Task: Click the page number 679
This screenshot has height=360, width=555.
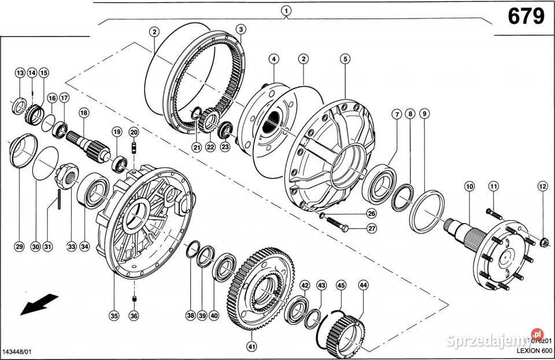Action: [x=526, y=17]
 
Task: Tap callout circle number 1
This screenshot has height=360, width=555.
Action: [x=286, y=10]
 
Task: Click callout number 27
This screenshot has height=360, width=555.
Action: [x=372, y=228]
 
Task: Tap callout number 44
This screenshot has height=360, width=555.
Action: [x=363, y=285]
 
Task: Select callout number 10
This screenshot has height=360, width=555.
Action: [x=469, y=186]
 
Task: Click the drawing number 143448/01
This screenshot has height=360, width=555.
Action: [x=18, y=352]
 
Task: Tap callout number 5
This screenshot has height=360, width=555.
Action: [x=345, y=58]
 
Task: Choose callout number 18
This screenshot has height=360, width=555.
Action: [x=84, y=113]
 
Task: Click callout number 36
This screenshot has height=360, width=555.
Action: [x=134, y=316]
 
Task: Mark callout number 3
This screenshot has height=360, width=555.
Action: [x=241, y=29]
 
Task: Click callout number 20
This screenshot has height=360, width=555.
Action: [x=134, y=132]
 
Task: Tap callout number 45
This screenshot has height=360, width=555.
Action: [x=341, y=285]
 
